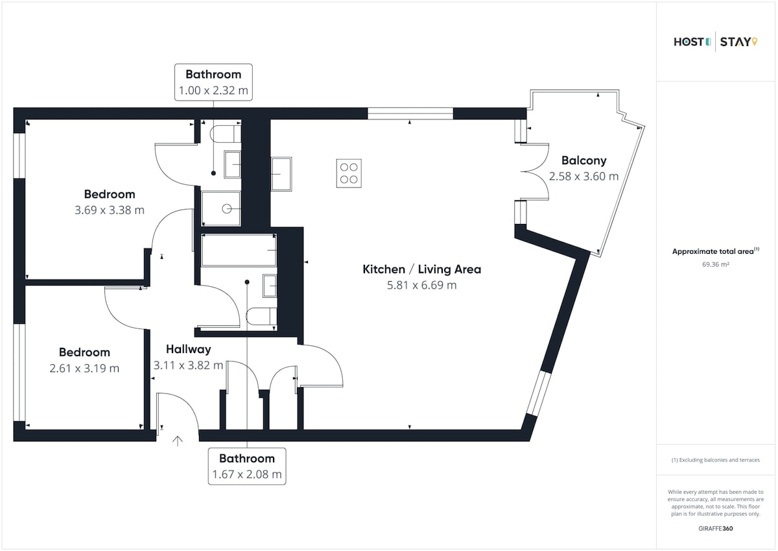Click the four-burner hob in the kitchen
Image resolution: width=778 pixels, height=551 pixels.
pyautogui.click(x=349, y=173)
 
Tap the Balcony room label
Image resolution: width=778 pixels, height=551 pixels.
pyautogui.click(x=584, y=160)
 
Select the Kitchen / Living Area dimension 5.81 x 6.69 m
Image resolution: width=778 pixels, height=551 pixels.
pyautogui.click(x=421, y=285)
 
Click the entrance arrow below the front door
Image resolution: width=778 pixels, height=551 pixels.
pyautogui.click(x=178, y=441)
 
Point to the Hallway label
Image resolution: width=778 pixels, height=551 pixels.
pyautogui.click(x=188, y=349)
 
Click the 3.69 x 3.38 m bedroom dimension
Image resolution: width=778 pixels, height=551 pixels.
pyautogui.click(x=110, y=210)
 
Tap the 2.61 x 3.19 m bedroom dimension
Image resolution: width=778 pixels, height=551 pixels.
pyautogui.click(x=84, y=368)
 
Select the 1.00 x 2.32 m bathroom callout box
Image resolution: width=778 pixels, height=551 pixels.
pyautogui.click(x=213, y=82)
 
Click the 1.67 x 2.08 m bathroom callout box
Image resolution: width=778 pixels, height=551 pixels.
pyautogui.click(x=247, y=466)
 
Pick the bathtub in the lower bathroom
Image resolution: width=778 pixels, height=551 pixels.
pyautogui.click(x=239, y=250)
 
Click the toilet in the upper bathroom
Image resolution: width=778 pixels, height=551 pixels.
pyautogui.click(x=226, y=134)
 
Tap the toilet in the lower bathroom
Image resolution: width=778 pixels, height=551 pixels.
pyautogui.click(x=261, y=316)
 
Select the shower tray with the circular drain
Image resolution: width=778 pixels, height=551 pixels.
pyautogui.click(x=221, y=208)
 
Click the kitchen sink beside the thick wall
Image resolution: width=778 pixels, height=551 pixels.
pyautogui.click(x=281, y=174)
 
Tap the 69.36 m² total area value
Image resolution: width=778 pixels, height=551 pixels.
pyautogui.click(x=716, y=264)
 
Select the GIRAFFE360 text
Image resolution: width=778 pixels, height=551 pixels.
pyautogui.click(x=716, y=528)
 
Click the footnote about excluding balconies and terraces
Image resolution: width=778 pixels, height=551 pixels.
pyautogui.click(x=716, y=460)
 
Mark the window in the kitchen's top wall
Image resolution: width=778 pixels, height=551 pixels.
pyautogui.click(x=410, y=114)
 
